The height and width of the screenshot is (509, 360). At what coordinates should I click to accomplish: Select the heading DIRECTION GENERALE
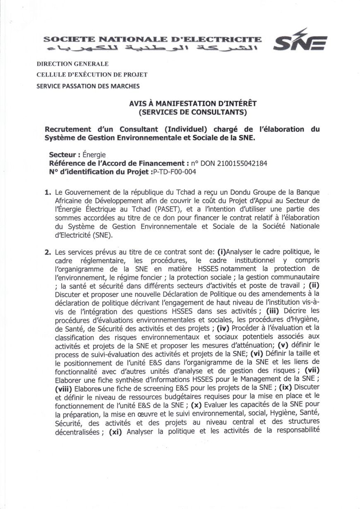click(x=72, y=64)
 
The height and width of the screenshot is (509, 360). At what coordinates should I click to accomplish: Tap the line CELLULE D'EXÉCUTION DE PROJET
click(x=92, y=75)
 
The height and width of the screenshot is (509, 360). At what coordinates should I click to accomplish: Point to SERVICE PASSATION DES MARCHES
click(x=88, y=86)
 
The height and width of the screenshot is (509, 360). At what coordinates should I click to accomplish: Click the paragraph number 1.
click(x=48, y=192)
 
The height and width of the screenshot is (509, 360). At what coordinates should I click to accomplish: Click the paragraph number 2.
click(x=48, y=251)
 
